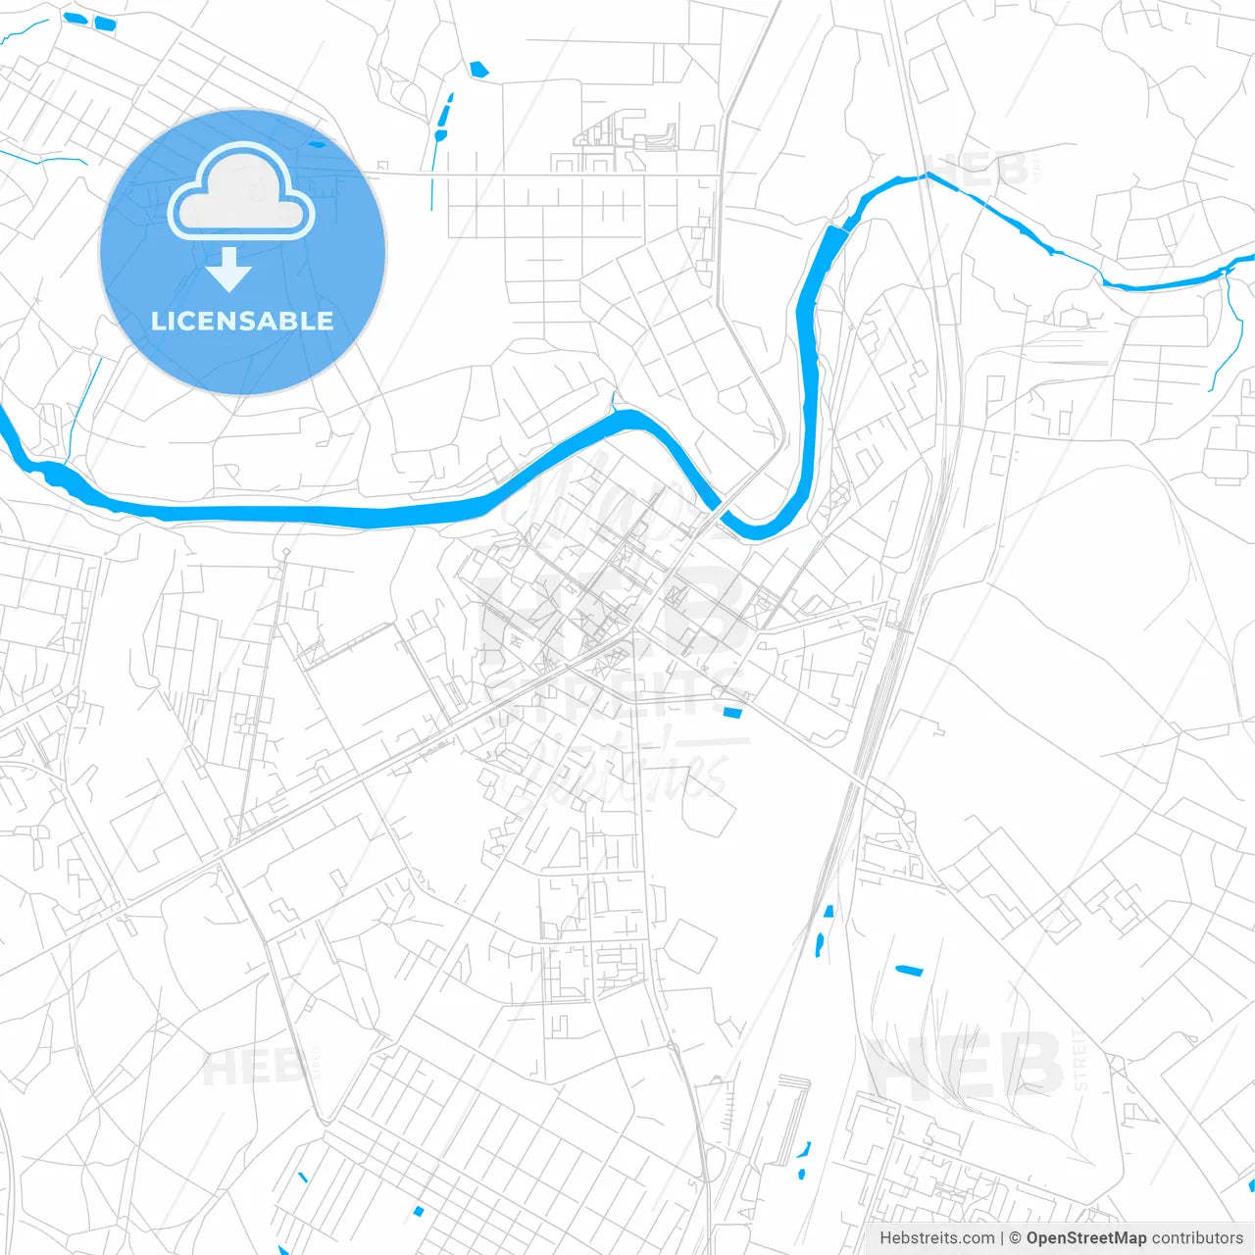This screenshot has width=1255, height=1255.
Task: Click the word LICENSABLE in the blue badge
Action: click(242, 321)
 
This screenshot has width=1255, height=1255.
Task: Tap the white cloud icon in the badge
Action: click(241, 193)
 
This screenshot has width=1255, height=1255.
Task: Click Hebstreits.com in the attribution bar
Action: click(936, 1238)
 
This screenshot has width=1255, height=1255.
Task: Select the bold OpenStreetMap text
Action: click(1086, 1238)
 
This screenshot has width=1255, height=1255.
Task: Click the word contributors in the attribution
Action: click(1197, 1238)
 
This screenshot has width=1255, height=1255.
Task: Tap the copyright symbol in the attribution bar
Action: click(1015, 1238)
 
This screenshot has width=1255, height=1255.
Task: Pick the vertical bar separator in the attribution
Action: click(1002, 1238)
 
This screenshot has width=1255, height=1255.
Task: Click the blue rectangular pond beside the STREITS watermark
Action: click(732, 712)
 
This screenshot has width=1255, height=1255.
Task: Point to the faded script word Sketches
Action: click(627, 775)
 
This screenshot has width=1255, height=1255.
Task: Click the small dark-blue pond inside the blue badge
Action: click(317, 144)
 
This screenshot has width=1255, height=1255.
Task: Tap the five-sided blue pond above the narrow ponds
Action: click(478, 70)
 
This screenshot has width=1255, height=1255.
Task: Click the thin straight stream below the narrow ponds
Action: click(431, 176)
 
